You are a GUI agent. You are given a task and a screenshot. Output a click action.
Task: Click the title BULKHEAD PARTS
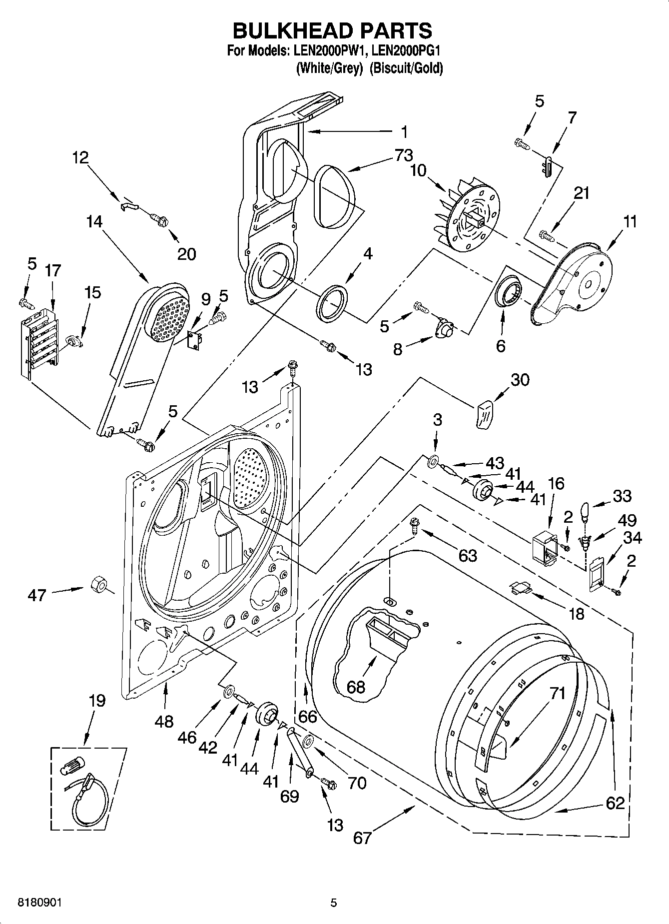tap(333, 30)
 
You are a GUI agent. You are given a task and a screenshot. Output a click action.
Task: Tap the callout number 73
tap(403, 156)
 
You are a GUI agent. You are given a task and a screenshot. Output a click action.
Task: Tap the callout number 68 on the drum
tap(356, 687)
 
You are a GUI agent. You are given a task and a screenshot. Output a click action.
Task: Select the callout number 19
tap(97, 701)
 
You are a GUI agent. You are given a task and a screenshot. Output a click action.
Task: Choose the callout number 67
tap(363, 837)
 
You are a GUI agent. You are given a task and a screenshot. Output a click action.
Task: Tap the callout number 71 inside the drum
tap(557, 693)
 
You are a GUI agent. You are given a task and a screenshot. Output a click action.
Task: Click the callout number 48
tap(164, 721)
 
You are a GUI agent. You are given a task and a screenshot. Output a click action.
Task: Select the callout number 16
tap(556, 483)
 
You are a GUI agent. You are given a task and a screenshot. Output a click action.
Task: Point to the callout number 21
tap(582, 193)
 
